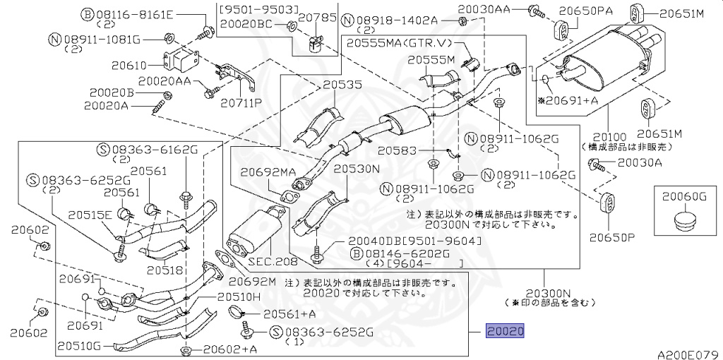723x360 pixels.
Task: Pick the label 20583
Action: tap(394, 150)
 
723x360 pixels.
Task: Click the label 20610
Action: tap(130, 65)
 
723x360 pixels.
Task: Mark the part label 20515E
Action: tap(90, 215)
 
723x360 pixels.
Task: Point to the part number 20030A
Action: tap(640, 163)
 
